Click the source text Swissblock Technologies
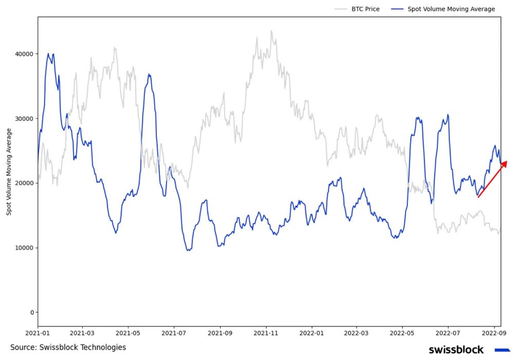point(68,348)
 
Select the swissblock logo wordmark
point(456,350)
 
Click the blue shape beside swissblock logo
point(502,350)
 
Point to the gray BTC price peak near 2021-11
point(271,31)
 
